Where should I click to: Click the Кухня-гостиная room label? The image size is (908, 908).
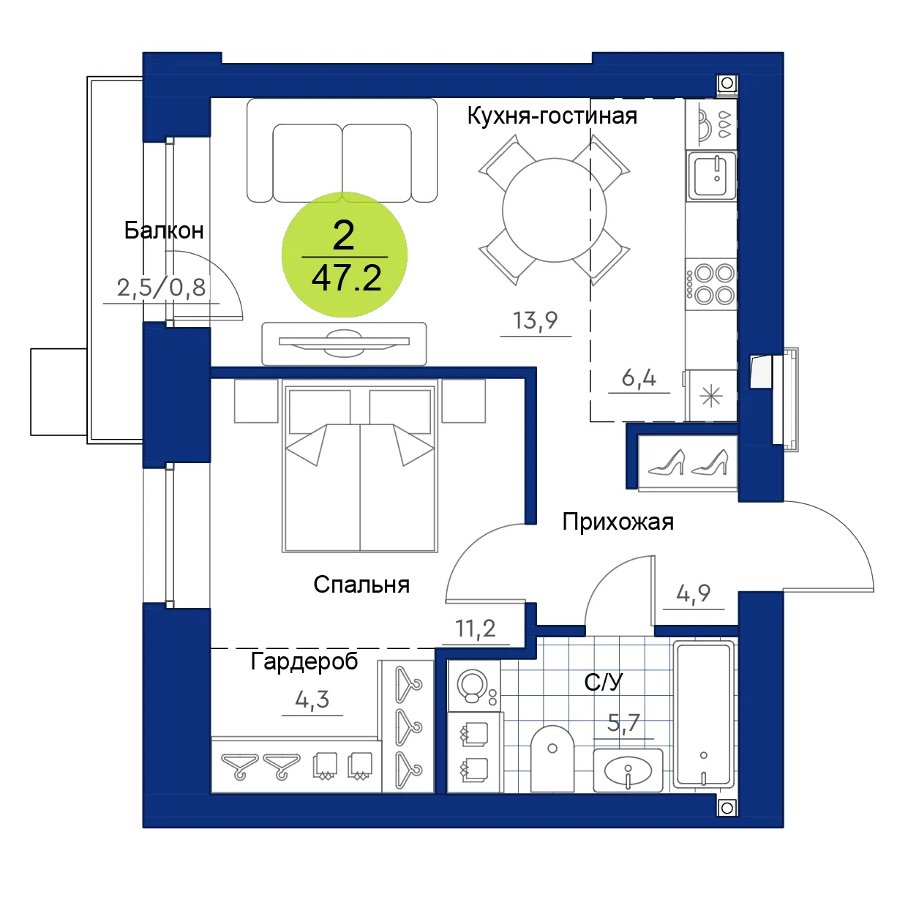point(552,116)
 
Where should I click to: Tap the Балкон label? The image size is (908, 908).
point(164,230)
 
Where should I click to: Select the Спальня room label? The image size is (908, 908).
point(361,585)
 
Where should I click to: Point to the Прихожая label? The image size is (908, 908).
point(618,522)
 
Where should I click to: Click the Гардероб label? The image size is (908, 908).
point(304,662)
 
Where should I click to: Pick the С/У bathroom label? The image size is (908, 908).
point(604,682)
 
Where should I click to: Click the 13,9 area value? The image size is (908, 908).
point(536,321)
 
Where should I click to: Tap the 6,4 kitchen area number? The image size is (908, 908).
point(639,378)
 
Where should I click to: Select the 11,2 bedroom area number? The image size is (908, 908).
point(476,629)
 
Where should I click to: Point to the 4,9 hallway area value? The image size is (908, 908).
point(693,593)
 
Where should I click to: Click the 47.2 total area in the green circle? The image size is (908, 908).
point(346,279)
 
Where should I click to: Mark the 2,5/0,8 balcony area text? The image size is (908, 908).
point(161,288)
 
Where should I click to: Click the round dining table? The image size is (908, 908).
point(554,210)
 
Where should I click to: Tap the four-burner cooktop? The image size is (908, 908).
point(710,284)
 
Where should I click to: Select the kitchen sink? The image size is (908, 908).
point(711,176)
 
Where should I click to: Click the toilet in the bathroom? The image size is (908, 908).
point(552,759)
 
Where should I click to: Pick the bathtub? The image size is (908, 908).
point(704,714)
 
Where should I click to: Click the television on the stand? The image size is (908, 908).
point(344,340)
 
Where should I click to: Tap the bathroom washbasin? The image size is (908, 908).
point(628,771)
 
